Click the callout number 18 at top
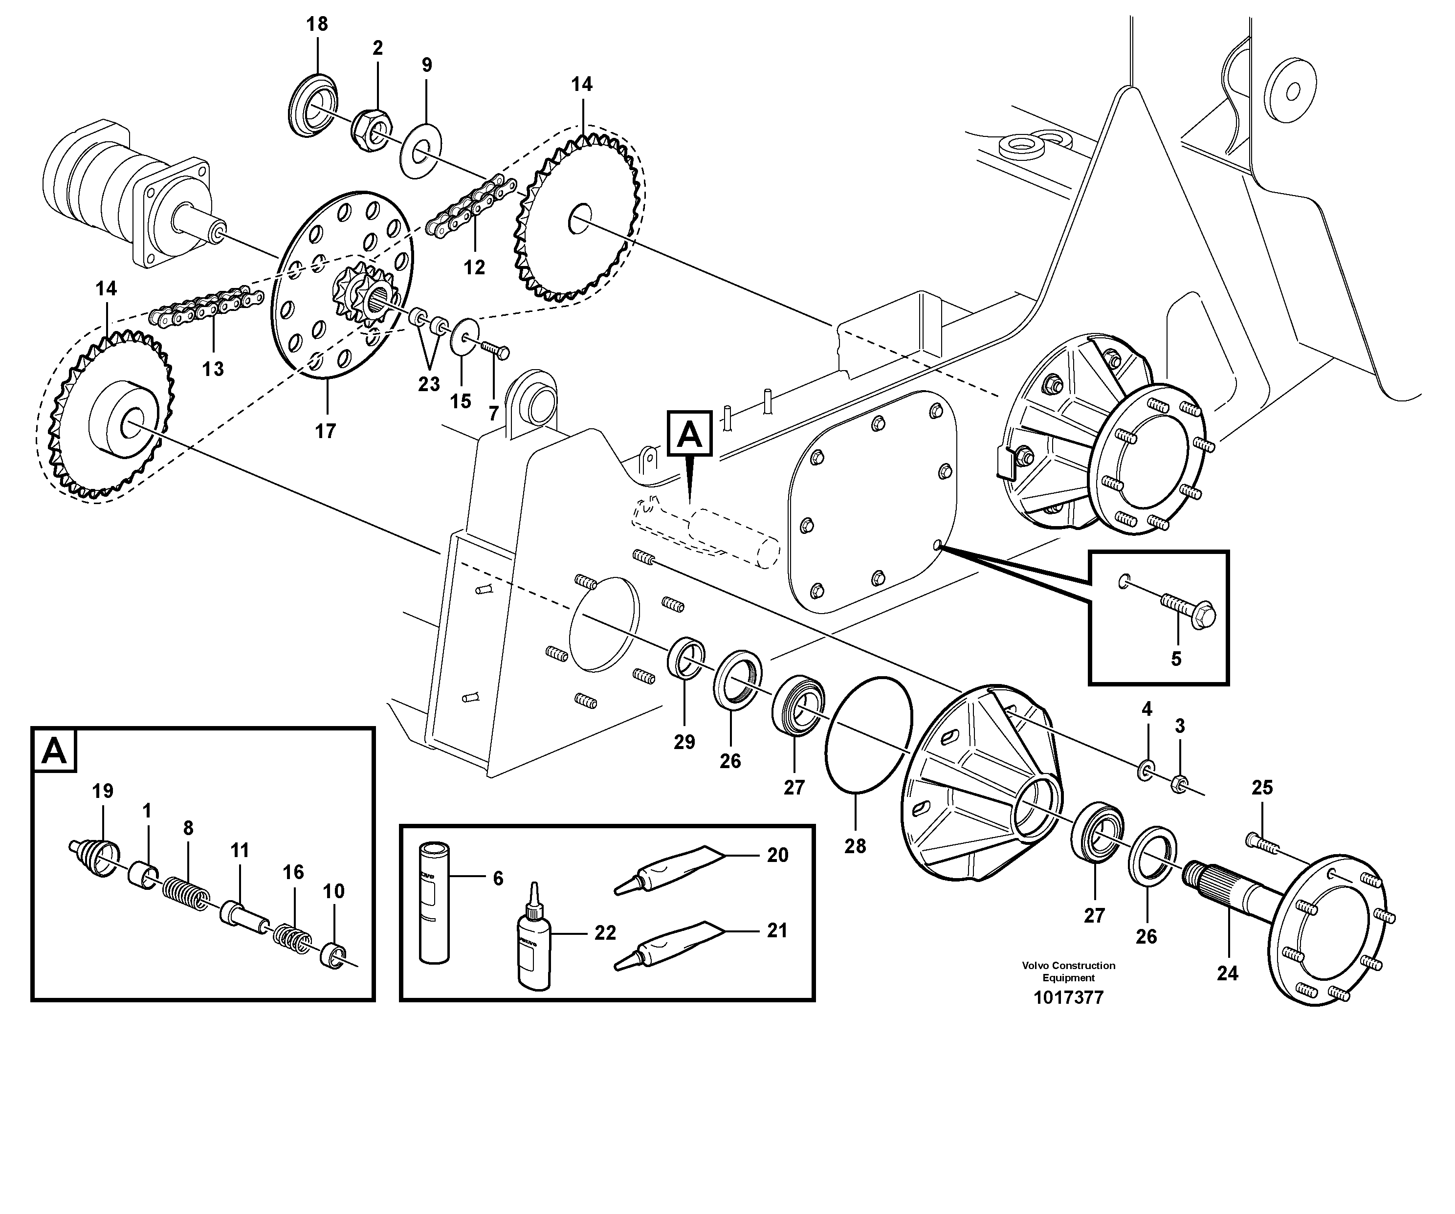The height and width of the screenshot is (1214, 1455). tap(317, 24)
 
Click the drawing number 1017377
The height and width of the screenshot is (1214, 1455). tap(1068, 998)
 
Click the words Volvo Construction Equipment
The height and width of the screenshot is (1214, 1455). tap(1068, 971)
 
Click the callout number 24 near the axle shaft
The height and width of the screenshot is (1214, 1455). tap(1227, 973)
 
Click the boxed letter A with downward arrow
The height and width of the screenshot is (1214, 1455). tap(689, 435)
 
